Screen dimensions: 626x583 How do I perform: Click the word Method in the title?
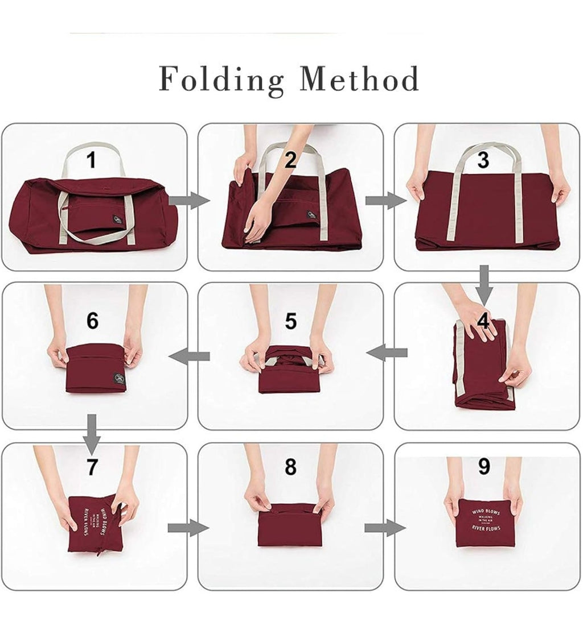[x=359, y=79]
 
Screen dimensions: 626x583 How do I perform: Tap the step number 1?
[x=91, y=160]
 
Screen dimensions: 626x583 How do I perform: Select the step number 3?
[x=483, y=160]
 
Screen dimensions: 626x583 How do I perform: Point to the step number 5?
[x=291, y=321]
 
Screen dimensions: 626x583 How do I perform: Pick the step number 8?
[x=290, y=467]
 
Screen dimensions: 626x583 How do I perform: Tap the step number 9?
[x=484, y=467]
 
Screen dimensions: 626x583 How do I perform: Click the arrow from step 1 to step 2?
[x=190, y=200]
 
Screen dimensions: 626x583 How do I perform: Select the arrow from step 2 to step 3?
[x=385, y=200]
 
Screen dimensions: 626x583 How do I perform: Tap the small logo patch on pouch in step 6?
[x=118, y=376]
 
